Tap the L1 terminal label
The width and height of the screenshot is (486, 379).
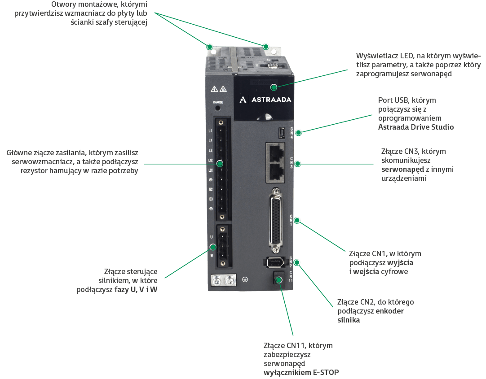pyautogui.click(x=210, y=131)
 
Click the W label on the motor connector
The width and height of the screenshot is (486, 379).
pyautogui.click(x=211, y=255)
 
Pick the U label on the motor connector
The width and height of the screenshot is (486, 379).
pyautogui.click(x=211, y=236)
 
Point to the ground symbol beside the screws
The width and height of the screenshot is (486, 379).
pyautogui.click(x=245, y=279)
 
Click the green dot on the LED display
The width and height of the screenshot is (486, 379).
pyautogui.click(x=274, y=86)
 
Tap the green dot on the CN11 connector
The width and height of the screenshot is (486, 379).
pyautogui.click(x=278, y=280)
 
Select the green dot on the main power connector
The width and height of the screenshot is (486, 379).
pyautogui.click(x=220, y=164)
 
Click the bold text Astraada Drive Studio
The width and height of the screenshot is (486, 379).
pyautogui.click(x=416, y=127)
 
